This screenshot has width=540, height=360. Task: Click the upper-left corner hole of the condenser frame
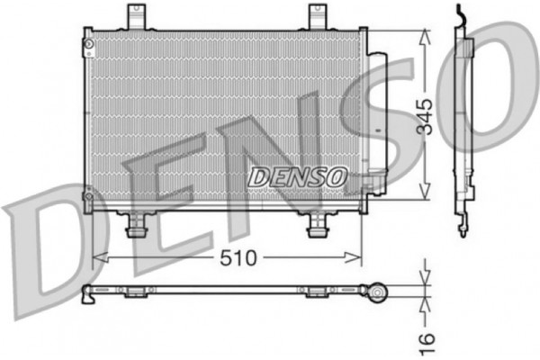pyautogui.click(x=88, y=42)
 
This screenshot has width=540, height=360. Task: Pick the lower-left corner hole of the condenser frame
pyautogui.click(x=88, y=193)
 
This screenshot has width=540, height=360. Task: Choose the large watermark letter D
pyautogui.click(x=45, y=243)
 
